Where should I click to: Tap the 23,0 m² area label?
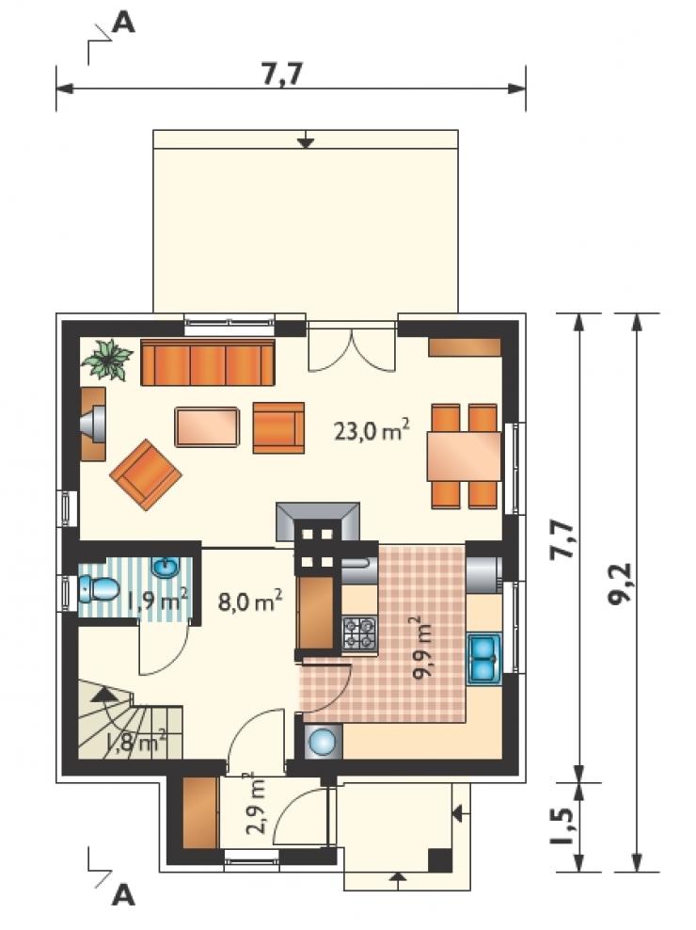[372, 429]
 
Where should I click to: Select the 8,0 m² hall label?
[249, 602]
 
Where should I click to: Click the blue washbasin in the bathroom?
[166, 568]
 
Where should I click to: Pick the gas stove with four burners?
[360, 633]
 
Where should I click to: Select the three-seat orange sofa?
[208, 361]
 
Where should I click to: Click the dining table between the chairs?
[465, 456]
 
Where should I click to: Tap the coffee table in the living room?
[208, 426]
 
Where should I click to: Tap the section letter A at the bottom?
[123, 895]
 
